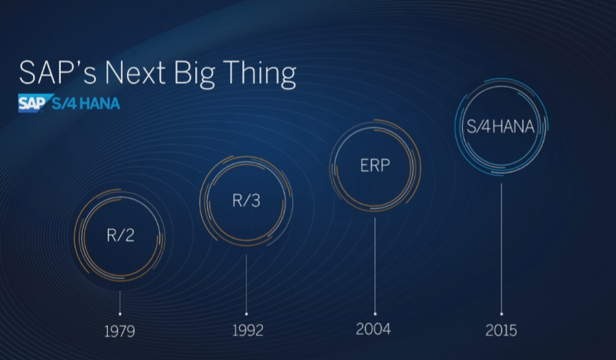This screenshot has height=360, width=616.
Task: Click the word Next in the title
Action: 135,73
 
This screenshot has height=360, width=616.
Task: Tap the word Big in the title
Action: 195,74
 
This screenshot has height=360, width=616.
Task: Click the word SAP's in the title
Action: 58,72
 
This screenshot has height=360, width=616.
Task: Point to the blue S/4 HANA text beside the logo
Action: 85,103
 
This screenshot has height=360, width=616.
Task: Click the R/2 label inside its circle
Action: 120,235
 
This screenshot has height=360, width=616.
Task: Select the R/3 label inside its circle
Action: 246,201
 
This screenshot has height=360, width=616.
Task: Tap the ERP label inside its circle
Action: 375,165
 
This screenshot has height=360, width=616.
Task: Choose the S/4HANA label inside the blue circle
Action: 500,126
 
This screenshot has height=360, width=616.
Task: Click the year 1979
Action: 119,332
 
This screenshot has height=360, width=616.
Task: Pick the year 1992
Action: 247,330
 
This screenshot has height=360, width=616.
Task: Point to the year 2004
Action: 373,329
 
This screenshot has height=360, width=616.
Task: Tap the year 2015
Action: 501,330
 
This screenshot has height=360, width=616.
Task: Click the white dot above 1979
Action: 120,314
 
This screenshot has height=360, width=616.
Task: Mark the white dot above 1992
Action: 246,314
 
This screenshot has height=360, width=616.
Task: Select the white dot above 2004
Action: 374,314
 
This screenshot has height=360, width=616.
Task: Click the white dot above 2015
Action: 502,314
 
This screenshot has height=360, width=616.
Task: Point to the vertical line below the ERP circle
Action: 374,265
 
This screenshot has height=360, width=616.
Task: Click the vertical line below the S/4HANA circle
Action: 502,248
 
